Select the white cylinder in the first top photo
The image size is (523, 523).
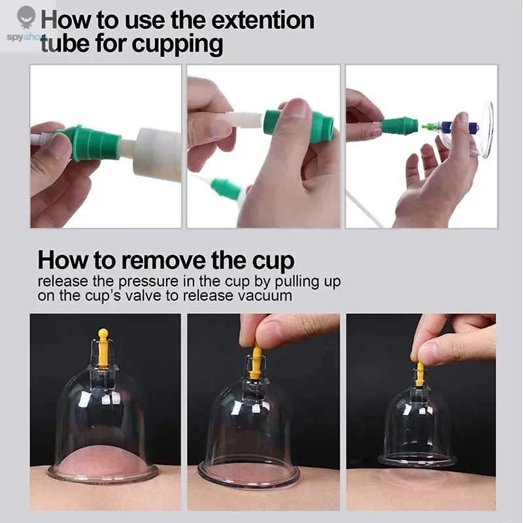[x=158, y=154]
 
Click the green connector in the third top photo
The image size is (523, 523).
[x=399, y=125]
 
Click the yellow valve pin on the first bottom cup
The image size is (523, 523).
[x=103, y=349]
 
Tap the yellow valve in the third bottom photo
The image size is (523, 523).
[x=420, y=374]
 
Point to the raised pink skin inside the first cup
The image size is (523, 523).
[x=103, y=460]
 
